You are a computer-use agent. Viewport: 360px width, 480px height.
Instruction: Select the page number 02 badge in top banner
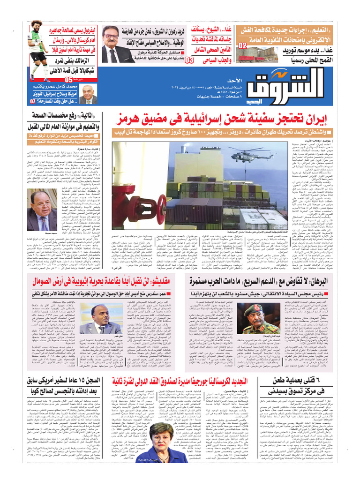point(242,46)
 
